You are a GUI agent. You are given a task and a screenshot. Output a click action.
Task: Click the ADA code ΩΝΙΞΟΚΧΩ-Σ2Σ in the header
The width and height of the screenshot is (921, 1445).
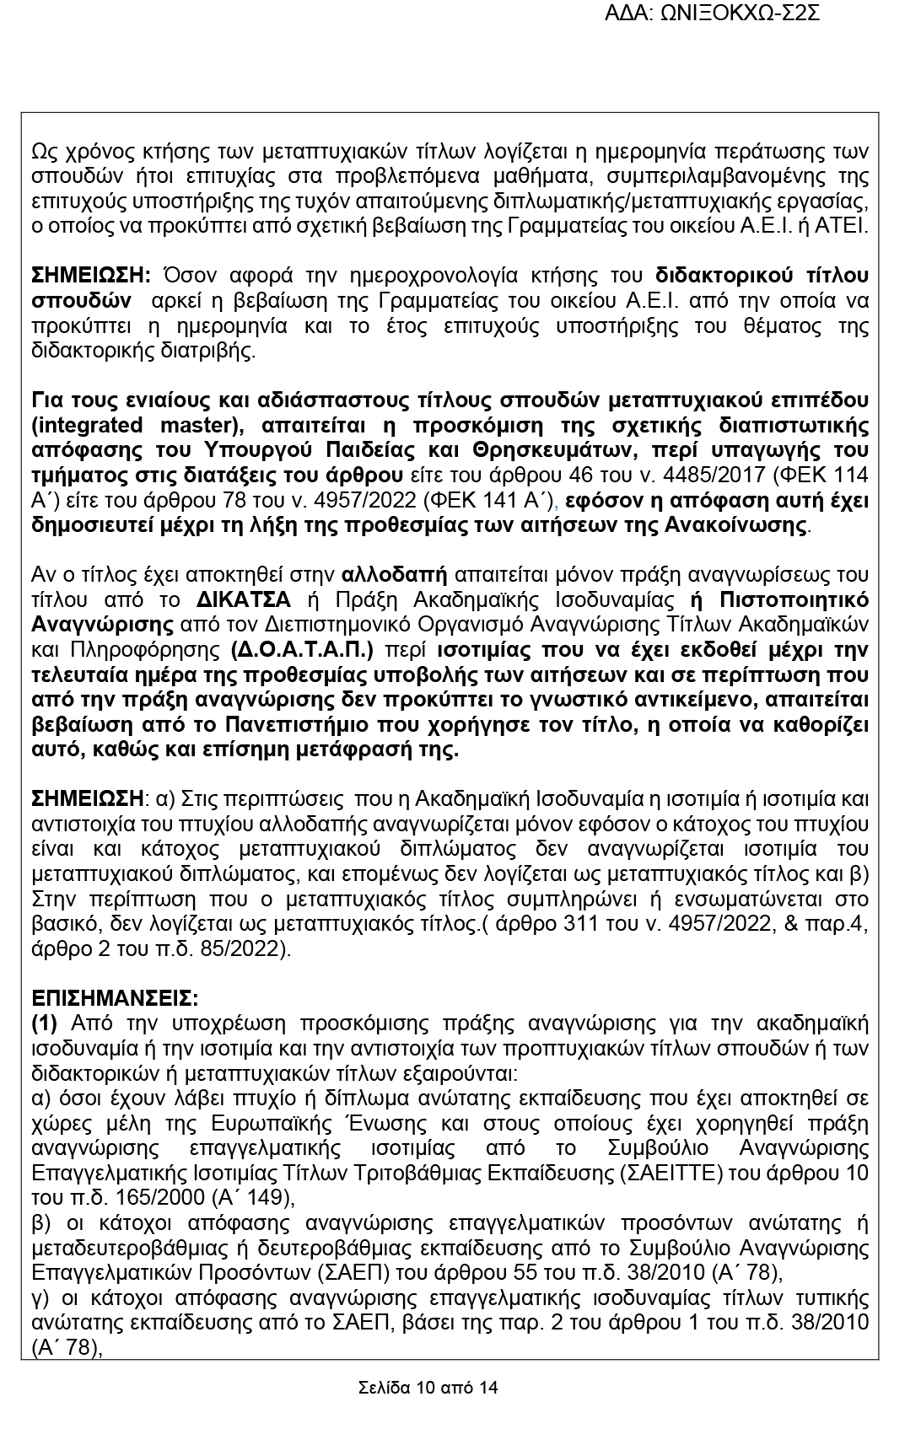pos(743,13)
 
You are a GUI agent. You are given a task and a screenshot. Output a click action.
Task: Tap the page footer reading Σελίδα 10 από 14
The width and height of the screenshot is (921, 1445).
pos(428,1387)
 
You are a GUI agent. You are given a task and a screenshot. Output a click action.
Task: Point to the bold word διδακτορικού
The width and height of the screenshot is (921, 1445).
pos(718,276)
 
